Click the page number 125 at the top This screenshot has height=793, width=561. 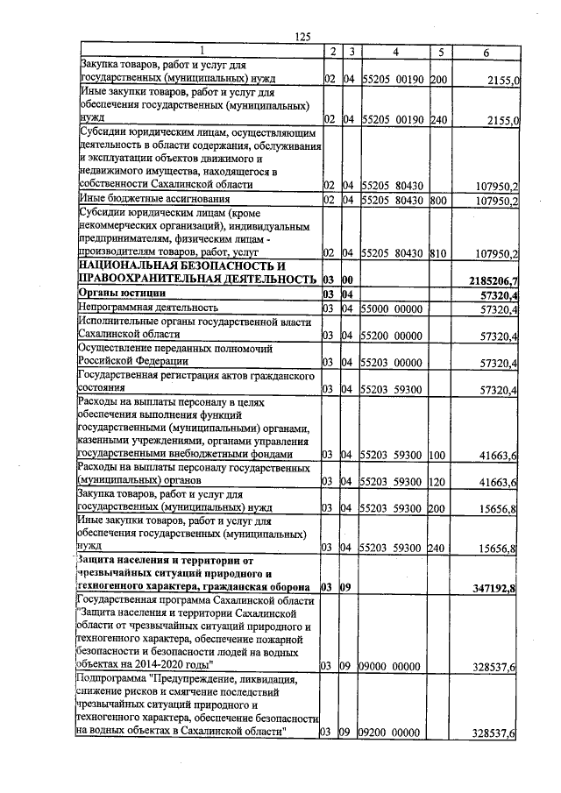303,36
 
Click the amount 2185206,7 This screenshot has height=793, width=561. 496,280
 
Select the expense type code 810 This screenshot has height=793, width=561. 439,254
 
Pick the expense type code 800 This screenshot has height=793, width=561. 439,201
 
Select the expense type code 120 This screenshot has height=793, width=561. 439,483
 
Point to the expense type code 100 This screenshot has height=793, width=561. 439,456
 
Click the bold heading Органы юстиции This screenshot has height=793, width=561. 123,293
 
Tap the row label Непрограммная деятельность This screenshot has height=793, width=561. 148,308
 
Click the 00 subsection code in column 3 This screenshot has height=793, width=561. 346,280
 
